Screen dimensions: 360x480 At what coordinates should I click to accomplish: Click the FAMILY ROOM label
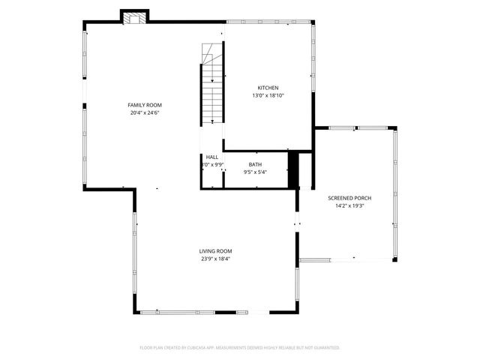[x=145, y=105]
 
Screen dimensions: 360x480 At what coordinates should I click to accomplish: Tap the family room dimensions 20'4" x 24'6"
[x=145, y=112]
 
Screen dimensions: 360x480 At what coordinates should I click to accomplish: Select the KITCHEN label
[x=268, y=88]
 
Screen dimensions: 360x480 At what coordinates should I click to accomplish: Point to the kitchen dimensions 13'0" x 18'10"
[x=268, y=95]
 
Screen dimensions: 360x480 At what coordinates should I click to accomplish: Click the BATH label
[x=255, y=165]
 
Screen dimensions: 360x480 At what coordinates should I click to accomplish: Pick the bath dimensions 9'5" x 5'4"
[x=255, y=172]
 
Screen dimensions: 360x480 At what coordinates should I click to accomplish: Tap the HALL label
[x=212, y=157]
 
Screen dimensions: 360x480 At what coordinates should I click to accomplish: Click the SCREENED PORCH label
[x=349, y=198]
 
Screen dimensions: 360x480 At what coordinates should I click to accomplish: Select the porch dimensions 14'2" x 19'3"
[x=349, y=205]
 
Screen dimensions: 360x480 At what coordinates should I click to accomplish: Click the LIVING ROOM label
[x=215, y=251]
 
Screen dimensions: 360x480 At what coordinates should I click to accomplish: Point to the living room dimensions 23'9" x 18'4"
[x=215, y=259]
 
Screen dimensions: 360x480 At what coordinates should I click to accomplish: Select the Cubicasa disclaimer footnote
[x=240, y=348]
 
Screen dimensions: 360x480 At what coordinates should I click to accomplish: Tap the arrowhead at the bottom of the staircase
[x=213, y=121]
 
